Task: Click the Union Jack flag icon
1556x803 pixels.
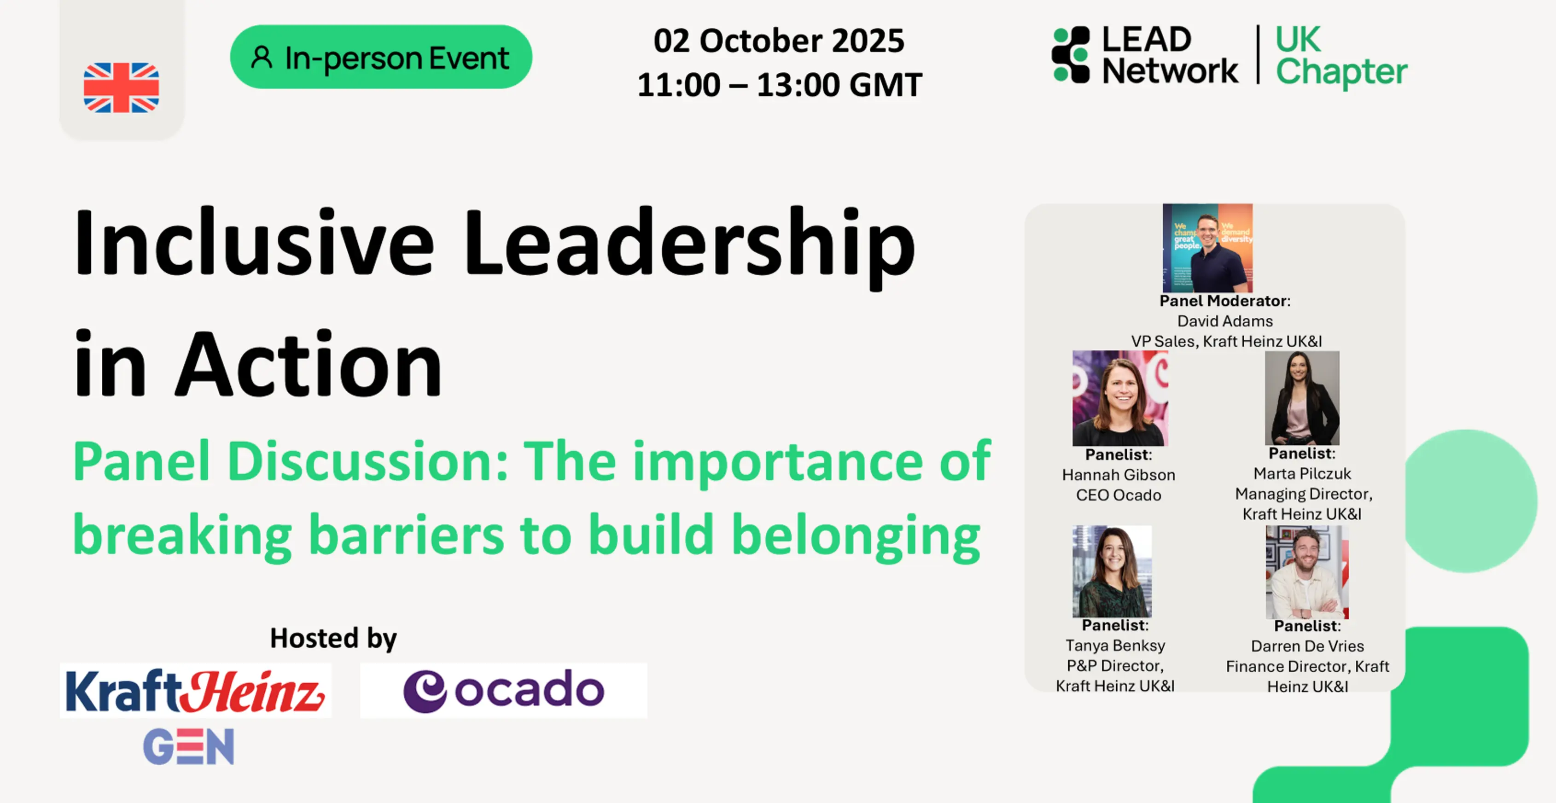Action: click(122, 87)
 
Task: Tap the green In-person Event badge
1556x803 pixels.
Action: click(381, 57)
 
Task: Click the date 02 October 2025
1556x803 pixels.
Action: click(779, 41)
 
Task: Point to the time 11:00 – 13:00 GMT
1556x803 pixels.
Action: click(780, 85)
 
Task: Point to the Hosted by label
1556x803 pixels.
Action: click(333, 638)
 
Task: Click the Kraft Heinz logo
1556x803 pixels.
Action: click(195, 691)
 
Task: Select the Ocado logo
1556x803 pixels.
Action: click(504, 691)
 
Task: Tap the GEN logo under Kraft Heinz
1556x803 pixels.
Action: click(188, 746)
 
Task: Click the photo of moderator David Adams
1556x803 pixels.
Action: click(1207, 248)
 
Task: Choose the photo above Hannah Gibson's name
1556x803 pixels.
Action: click(1120, 398)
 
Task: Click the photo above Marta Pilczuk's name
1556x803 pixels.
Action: click(1302, 398)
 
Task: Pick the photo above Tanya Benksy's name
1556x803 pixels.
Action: click(1112, 571)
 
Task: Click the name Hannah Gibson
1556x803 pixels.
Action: click(1119, 475)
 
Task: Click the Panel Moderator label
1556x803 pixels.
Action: click(1224, 301)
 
